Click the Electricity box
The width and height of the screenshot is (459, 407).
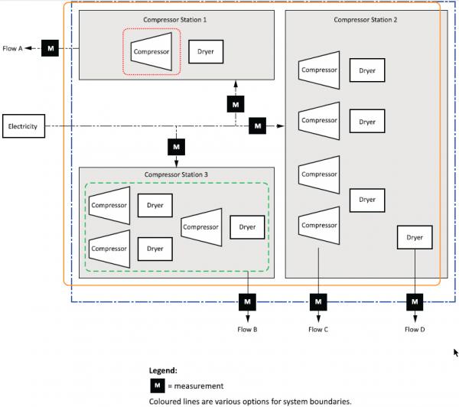[24, 126]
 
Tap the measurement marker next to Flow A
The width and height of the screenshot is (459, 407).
[50, 48]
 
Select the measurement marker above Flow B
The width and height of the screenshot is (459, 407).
[247, 302]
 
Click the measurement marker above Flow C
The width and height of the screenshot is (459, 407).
[318, 302]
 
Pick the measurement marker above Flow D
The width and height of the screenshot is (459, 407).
[415, 302]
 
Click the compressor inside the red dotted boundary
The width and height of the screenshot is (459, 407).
[151, 51]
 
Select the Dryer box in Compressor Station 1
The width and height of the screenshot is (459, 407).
[206, 52]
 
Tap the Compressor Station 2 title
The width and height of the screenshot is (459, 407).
[366, 20]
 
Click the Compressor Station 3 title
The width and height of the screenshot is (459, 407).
[176, 174]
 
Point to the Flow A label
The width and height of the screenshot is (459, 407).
[12, 49]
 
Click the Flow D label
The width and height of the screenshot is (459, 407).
[415, 330]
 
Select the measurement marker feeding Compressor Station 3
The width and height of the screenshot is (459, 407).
[176, 147]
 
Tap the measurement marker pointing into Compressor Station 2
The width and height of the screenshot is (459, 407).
[257, 126]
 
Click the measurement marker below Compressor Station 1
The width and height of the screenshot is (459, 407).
[236, 104]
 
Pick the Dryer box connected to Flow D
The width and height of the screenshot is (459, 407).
[415, 237]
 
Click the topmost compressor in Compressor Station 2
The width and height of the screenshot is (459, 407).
[319, 70]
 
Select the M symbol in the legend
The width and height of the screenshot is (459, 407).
[158, 386]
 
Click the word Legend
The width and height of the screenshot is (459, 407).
[163, 371]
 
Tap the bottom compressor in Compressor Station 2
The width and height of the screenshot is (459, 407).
[319, 226]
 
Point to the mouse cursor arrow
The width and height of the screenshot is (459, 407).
[456, 353]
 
